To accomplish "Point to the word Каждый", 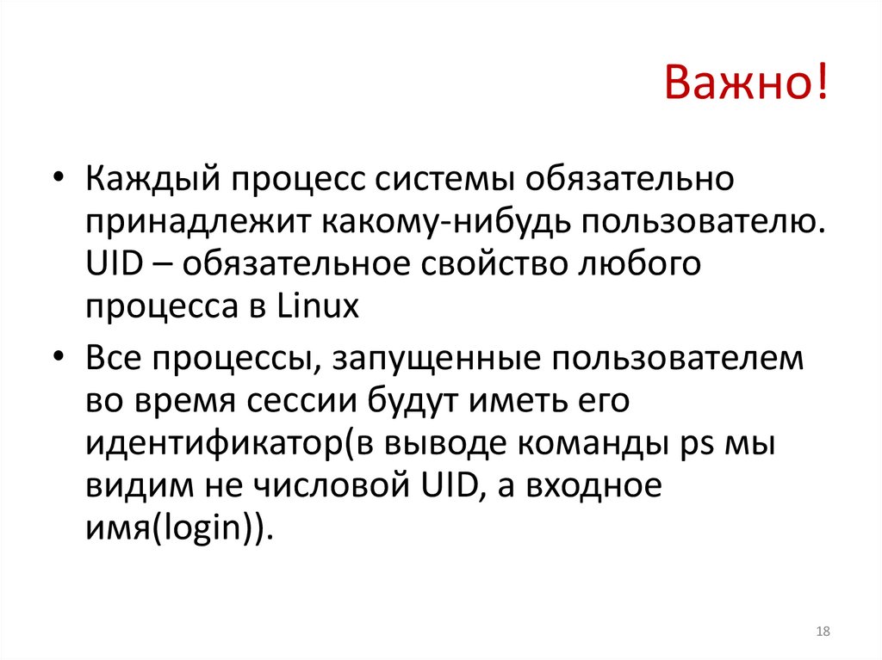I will [x=152, y=182].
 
